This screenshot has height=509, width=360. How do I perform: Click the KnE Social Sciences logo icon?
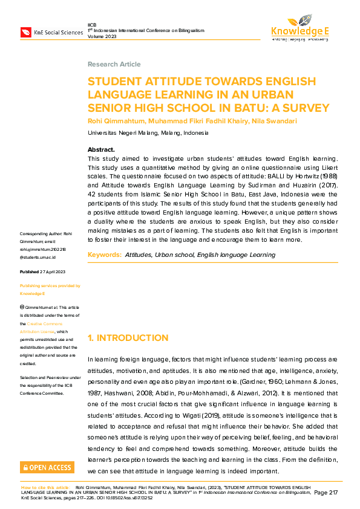(26, 32)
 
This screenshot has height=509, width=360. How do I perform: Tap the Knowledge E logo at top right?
(300, 28)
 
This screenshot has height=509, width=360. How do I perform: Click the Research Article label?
(114, 64)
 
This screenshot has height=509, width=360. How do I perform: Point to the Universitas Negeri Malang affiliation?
(148, 132)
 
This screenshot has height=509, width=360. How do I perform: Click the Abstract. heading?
(101, 149)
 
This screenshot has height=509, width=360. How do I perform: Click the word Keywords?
(104, 255)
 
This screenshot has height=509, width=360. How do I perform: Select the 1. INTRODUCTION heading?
(128, 337)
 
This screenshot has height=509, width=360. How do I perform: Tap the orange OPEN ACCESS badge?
(47, 467)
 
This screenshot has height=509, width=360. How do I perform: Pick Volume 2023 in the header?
(102, 36)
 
